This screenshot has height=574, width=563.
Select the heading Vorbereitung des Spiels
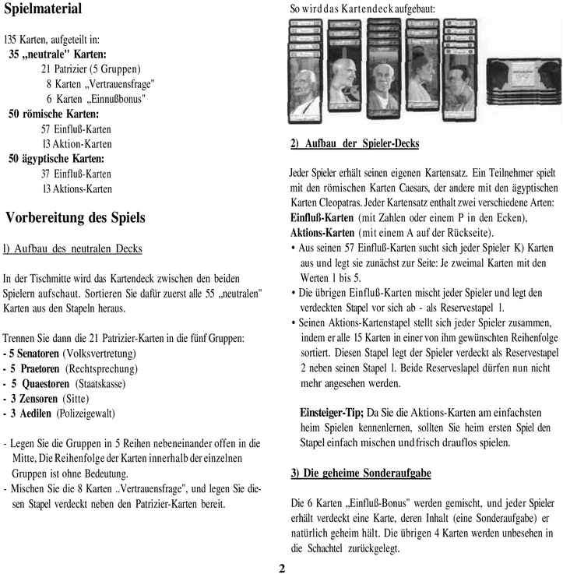coord(75,218)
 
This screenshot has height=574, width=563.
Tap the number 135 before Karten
coord(11,39)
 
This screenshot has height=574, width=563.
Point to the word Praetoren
coord(38,369)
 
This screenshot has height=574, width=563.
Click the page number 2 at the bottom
coord(282,567)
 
